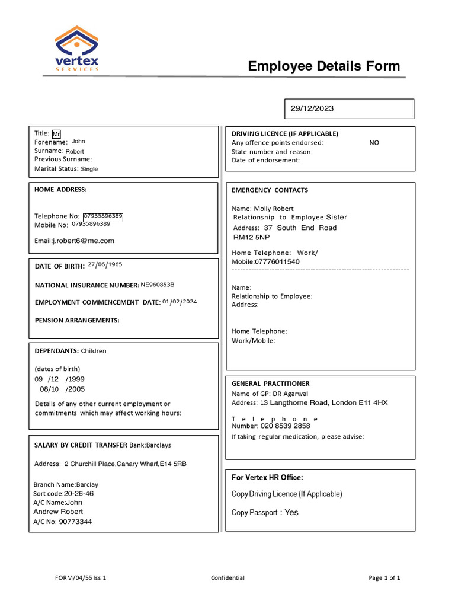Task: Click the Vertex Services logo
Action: pyautogui.click(x=77, y=49)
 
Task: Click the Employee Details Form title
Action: pyautogui.click(x=323, y=66)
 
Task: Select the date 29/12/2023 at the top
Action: pyautogui.click(x=312, y=108)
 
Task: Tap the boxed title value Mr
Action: pyautogui.click(x=56, y=134)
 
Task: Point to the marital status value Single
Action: pyautogui.click(x=89, y=169)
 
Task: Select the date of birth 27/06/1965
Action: pyautogui.click(x=105, y=264)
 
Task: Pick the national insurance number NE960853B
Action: pyautogui.click(x=158, y=285)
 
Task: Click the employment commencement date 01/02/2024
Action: pyautogui.click(x=180, y=302)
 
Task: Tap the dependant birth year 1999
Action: pyautogui.click(x=75, y=379)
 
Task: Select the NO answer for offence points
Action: pyautogui.click(x=374, y=143)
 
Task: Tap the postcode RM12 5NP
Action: pyautogui.click(x=251, y=237)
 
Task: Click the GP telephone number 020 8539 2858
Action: pyautogui.click(x=285, y=426)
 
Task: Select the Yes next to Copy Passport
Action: pyautogui.click(x=291, y=512)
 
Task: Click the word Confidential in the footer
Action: pyautogui.click(x=227, y=578)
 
